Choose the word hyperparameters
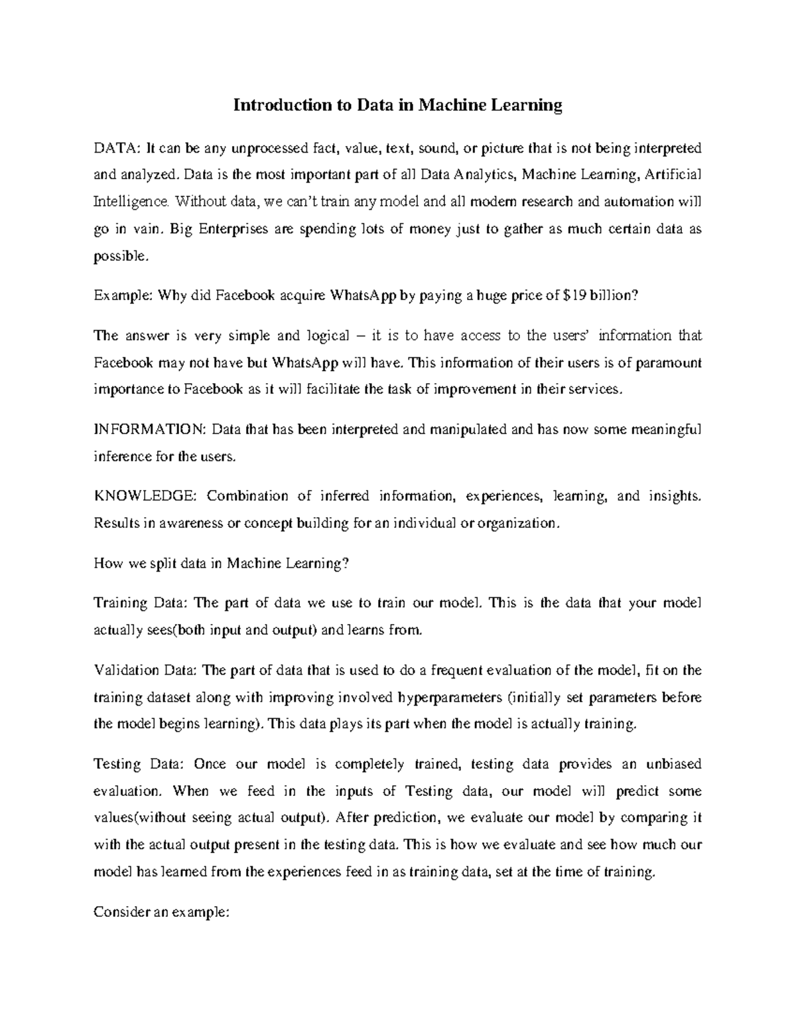(x=449, y=698)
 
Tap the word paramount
(x=665, y=363)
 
